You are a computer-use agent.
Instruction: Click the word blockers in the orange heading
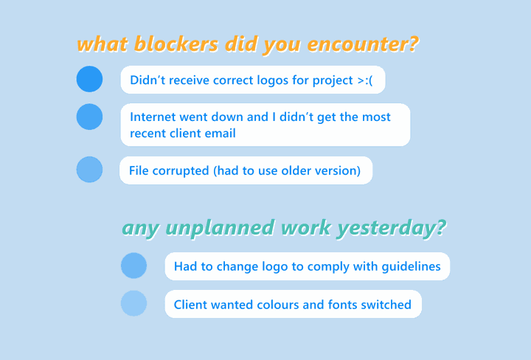[x=176, y=44]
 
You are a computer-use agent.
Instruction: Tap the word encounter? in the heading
[x=363, y=44]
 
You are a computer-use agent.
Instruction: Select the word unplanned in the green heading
[x=220, y=228]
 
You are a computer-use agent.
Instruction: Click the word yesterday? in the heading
[x=391, y=228]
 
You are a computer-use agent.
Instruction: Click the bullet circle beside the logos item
[x=89, y=79]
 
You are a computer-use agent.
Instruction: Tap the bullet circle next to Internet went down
[x=89, y=117]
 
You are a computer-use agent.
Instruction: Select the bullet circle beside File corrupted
[x=89, y=170]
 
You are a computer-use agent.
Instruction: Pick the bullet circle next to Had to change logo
[x=133, y=266]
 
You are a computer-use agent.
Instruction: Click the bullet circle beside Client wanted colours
[x=133, y=303]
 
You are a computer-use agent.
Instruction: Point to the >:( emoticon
[x=365, y=80]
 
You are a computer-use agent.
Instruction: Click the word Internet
[x=153, y=117]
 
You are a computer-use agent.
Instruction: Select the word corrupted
[x=181, y=170]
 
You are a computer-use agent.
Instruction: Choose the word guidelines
[x=411, y=266]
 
